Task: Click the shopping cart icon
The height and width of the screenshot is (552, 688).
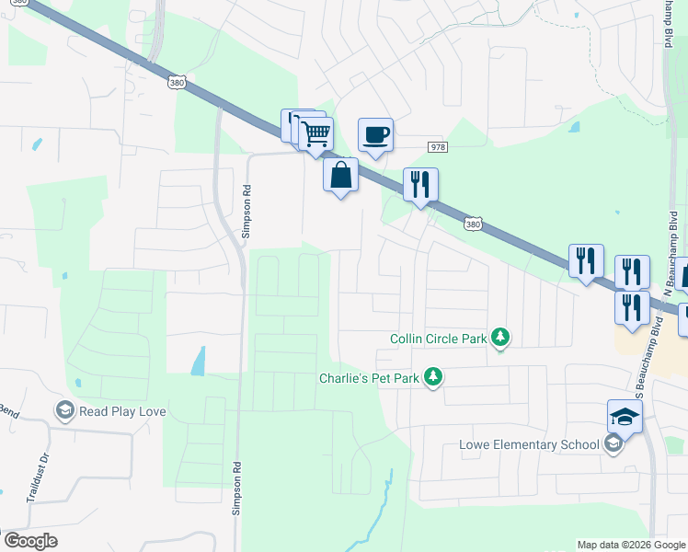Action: click(315, 134)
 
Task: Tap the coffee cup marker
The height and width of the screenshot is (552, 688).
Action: click(374, 135)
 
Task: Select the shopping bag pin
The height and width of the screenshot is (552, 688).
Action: click(340, 174)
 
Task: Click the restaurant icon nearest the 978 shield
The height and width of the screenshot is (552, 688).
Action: click(420, 185)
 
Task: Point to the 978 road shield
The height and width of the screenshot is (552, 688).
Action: click(438, 147)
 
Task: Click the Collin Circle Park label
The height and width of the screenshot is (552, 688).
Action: click(438, 339)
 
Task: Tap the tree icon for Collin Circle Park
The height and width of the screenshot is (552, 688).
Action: click(499, 339)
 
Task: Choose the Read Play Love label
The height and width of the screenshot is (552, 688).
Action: click(122, 411)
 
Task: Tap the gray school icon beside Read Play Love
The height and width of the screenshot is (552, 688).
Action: click(64, 410)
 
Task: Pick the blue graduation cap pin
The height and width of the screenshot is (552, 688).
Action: click(625, 418)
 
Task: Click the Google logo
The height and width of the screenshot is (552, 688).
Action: click(30, 541)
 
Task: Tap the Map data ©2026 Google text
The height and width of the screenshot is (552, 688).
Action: click(631, 545)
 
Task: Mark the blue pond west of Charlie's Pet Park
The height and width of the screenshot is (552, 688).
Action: click(198, 361)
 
